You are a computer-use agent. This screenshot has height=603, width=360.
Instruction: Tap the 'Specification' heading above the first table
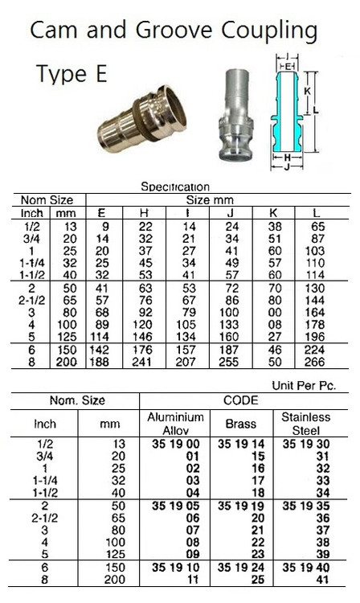pyautogui.click(x=175, y=187)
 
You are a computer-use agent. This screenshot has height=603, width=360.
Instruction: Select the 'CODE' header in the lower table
pyautogui.click(x=241, y=400)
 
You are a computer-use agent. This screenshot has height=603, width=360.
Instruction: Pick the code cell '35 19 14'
pyautogui.click(x=240, y=443)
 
